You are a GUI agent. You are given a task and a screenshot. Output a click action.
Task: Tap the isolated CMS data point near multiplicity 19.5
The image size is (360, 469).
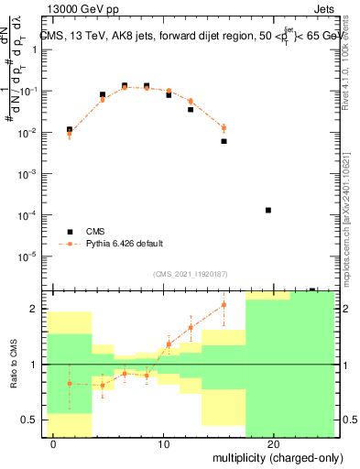[268, 210]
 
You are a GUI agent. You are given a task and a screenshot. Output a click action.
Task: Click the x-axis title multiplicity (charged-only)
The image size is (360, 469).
[278, 456]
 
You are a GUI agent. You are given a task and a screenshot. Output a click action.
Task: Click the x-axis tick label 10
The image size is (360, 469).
[164, 444]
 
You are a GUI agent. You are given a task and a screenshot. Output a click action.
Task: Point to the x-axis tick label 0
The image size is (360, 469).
[54, 444]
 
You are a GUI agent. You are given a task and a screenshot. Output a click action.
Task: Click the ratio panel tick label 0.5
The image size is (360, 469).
[29, 420]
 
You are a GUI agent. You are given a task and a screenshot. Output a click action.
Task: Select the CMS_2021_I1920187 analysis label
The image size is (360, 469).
[189, 273]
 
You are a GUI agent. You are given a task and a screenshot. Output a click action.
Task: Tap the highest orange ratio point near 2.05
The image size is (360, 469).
[224, 305]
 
